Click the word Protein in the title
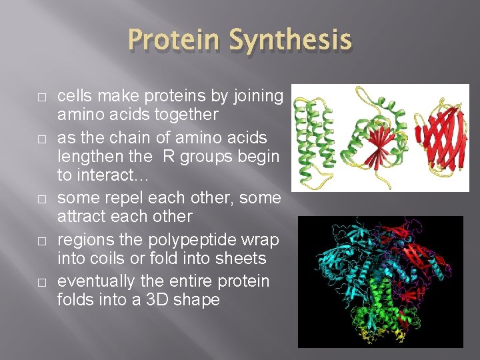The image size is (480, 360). (x=175, y=41)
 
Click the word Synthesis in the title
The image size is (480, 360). (x=291, y=41)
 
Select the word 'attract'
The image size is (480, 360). (x=83, y=217)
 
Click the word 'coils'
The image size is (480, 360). (x=115, y=258)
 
